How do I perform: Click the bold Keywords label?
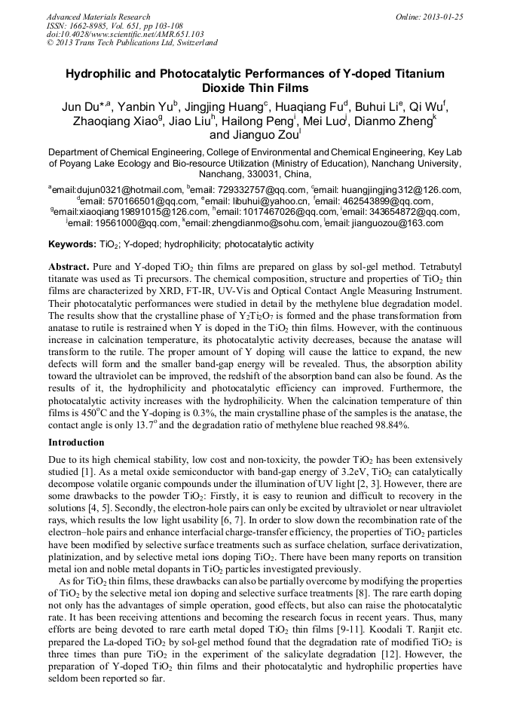[x=72, y=244]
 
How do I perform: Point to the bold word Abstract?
[x=69, y=268]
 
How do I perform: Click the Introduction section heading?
[x=76, y=442]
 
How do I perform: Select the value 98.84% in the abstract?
[x=389, y=425]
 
